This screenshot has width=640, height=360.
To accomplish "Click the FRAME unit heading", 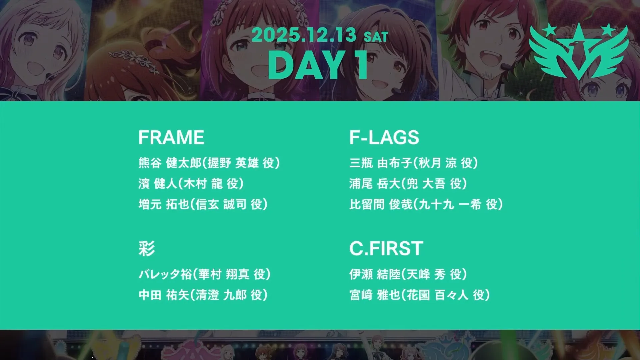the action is [171, 137].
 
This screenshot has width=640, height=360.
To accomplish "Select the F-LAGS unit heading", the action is [384, 137].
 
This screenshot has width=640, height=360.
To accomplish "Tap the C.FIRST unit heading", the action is [386, 248].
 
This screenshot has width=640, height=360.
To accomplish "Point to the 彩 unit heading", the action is [147, 249].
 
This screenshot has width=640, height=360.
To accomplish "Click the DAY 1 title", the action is [318, 65].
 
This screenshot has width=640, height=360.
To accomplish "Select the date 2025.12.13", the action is [304, 35].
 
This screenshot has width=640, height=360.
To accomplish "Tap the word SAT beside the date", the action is [376, 37].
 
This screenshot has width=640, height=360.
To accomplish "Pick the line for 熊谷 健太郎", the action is [209, 163].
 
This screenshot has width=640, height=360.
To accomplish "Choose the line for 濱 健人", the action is [191, 184].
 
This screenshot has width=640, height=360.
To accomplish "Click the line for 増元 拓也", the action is [203, 204].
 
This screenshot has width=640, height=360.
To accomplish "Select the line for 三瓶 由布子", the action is [414, 163].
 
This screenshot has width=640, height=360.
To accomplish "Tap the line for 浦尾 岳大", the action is [408, 184].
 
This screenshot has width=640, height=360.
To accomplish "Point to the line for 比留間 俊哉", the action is [426, 204].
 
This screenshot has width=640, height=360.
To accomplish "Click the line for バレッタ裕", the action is [204, 274].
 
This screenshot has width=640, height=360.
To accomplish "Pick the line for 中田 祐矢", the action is [203, 295].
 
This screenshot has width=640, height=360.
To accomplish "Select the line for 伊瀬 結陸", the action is [408, 274].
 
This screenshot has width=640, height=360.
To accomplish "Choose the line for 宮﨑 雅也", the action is [420, 295].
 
